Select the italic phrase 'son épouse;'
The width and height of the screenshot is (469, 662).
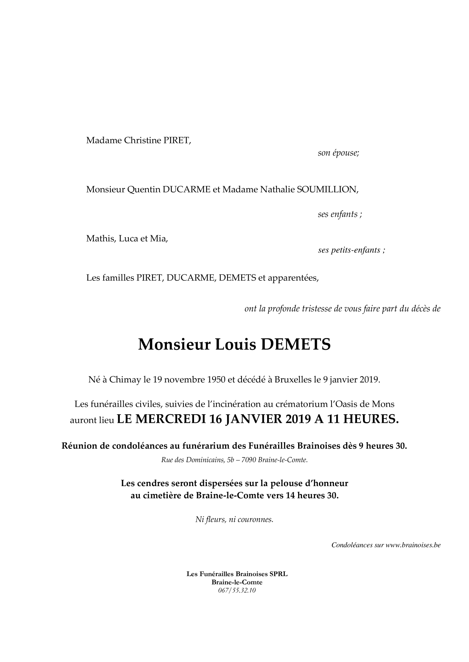[338, 153]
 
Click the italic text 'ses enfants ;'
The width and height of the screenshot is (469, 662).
[340, 214]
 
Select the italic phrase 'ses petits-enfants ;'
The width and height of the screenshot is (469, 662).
[351, 250]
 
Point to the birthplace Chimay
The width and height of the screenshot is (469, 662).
[125, 380]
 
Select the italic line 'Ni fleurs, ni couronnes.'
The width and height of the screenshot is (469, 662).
[234, 519]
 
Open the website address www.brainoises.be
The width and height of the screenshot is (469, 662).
[413, 545]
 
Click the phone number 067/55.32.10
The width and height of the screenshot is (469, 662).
[237, 591]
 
